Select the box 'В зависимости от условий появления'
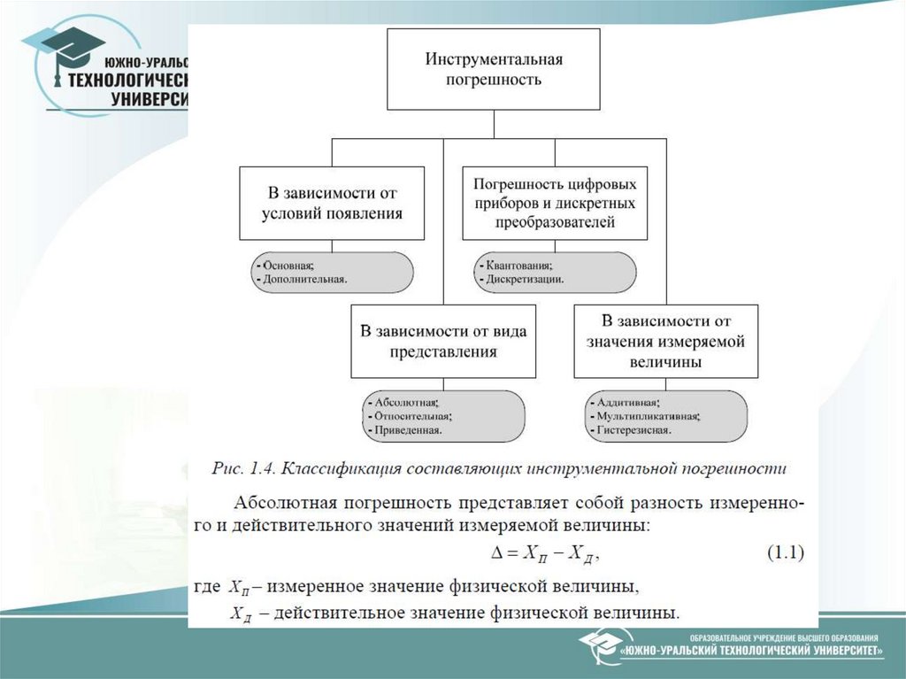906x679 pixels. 332,203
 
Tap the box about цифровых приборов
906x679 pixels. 555,203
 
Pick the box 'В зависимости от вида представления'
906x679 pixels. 442,341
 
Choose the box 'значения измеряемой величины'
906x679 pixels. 665,341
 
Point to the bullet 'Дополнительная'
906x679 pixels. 301,279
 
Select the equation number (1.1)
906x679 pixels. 783,554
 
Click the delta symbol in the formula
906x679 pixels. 496,555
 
